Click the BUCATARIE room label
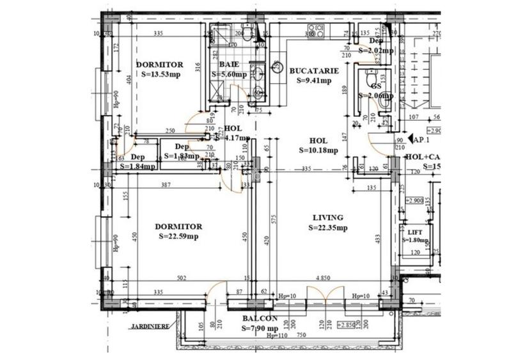[309, 71]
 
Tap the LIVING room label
[328, 217]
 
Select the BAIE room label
[229, 65]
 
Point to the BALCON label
[260, 318]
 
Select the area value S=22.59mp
[179, 236]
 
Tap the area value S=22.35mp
[328, 227]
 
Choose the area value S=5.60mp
[229, 74]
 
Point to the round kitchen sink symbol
[278, 66]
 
